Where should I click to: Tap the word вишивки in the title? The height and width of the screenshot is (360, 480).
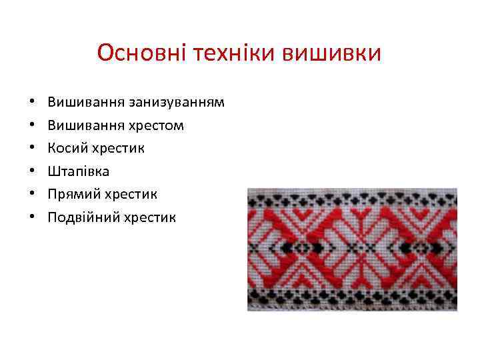pos(333,52)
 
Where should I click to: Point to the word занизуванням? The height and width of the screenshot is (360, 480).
pos(172,103)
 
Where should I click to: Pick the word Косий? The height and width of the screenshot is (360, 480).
pos(65,149)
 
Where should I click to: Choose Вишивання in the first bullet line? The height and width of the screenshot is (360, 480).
pos(82,103)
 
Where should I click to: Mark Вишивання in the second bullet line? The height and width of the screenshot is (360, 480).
pos(82,126)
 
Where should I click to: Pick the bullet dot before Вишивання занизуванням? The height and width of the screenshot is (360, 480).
pos(32,103)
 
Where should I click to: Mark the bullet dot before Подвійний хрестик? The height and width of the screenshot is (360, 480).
pos(32,217)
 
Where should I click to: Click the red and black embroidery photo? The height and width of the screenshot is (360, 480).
pos(352,249)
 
